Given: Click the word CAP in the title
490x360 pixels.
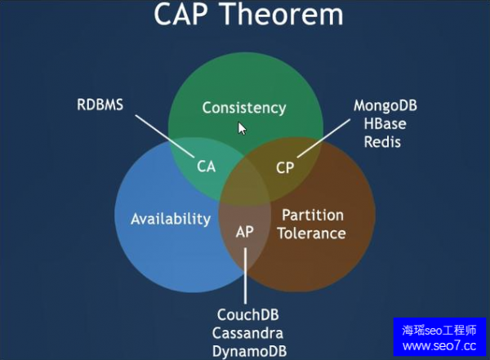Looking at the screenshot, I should [x=186, y=16].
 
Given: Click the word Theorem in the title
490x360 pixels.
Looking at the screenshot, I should [x=282, y=16].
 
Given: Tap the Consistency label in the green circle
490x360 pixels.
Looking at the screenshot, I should [x=244, y=107].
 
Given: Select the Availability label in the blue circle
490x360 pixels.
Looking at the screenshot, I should [x=171, y=218].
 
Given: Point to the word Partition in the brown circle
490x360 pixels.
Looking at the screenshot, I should [x=313, y=216].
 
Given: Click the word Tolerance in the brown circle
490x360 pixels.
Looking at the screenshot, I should [x=313, y=233].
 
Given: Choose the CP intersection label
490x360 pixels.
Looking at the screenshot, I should [x=284, y=167].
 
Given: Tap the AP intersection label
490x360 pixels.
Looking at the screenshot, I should [x=245, y=231].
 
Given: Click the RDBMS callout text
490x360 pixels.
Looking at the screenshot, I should [x=100, y=104].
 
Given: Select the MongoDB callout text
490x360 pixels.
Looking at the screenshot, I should [x=385, y=106].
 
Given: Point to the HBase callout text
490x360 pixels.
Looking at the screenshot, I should [x=385, y=124].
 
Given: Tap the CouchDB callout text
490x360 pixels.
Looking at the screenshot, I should [x=247, y=314].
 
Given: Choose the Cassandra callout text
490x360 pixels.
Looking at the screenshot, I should [x=247, y=333].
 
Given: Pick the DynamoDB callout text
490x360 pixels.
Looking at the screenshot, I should [x=247, y=351].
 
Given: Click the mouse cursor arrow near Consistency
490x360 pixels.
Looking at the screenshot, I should [x=243, y=128].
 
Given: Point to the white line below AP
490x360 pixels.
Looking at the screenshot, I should [x=245, y=273].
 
